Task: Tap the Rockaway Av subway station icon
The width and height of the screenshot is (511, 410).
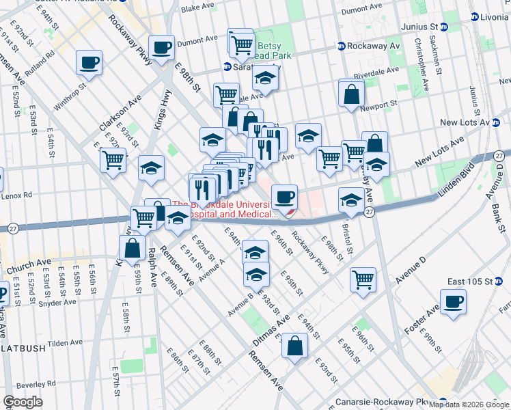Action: (340, 46)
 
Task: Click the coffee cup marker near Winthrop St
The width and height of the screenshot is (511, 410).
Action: (89, 63)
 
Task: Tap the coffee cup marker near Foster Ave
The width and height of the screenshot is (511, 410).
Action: (453, 301)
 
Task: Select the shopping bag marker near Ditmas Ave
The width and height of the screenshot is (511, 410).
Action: (295, 346)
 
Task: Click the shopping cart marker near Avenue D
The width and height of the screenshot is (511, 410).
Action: (363, 279)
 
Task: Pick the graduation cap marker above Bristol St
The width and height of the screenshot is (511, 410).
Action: (351, 200)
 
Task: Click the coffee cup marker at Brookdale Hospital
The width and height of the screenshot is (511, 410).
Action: (284, 197)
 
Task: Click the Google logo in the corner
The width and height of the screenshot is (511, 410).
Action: (23, 401)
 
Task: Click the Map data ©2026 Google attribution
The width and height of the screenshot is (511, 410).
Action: (468, 405)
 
